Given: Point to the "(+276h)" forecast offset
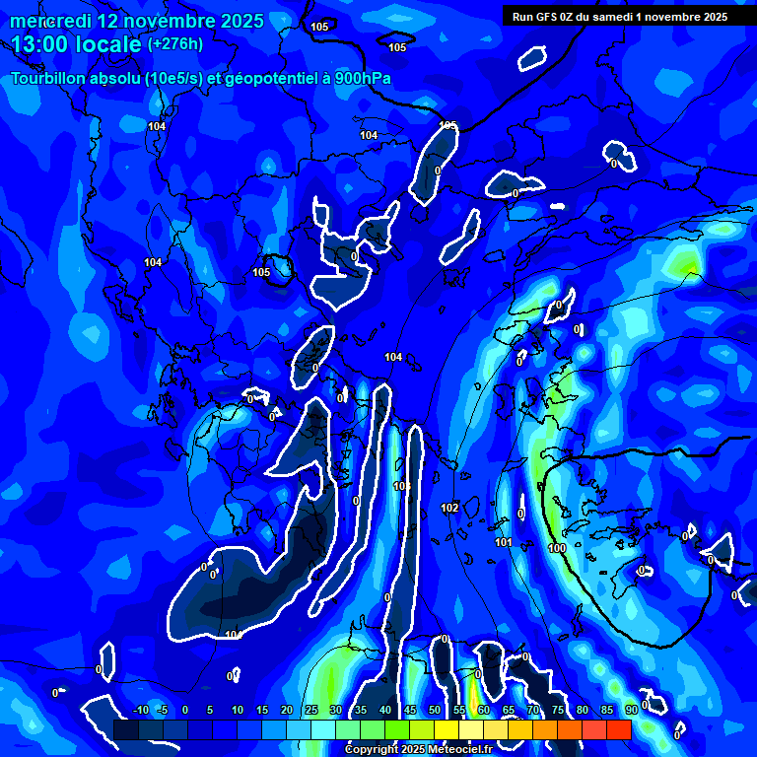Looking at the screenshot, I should click(175, 44).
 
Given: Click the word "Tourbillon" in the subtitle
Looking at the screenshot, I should click(53, 79).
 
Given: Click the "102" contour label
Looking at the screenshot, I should click(449, 508).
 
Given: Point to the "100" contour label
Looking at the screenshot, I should click(557, 548).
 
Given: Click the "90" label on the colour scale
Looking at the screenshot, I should click(632, 710).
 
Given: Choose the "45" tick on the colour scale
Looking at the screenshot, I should click(409, 710).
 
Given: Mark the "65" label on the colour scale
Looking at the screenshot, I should click(509, 710).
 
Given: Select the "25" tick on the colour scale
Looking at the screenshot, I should click(310, 710).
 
